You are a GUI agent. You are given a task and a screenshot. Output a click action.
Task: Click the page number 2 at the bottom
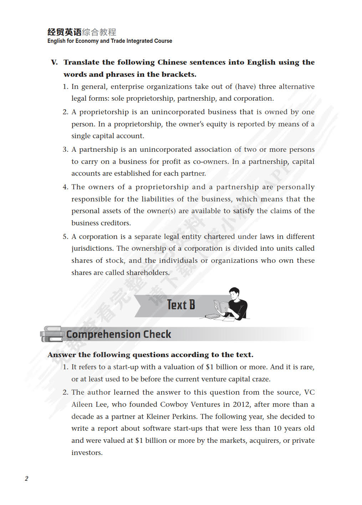26,479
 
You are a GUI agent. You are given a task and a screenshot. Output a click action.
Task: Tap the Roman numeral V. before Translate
54,62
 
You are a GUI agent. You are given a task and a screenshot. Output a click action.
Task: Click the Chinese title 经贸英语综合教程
82,32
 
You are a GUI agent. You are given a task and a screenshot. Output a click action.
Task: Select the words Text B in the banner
181,305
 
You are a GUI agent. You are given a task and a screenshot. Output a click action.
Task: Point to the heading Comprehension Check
118,334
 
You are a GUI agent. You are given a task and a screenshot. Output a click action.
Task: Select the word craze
261,379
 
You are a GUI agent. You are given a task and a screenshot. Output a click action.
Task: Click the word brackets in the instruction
178,74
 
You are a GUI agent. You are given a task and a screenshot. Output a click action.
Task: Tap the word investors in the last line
87,452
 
